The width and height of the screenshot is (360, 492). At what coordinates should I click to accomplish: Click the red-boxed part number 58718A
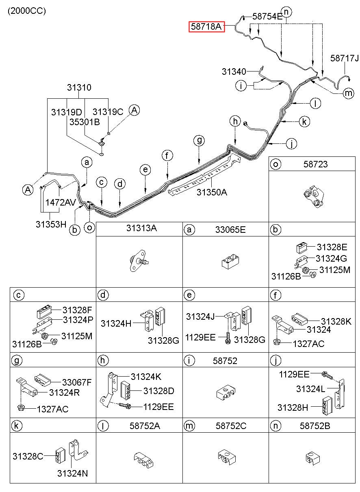coord(206,26)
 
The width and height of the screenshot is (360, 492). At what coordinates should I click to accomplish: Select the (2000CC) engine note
coord(27,11)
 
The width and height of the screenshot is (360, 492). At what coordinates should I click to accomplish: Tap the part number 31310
coord(79,87)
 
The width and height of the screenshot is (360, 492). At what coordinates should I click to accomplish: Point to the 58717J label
coord(345,58)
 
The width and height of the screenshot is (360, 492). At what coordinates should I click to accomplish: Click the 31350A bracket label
coord(212,192)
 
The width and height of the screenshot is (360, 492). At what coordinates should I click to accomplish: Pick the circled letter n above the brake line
coord(286,12)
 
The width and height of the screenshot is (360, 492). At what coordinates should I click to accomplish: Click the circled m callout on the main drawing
coord(348,93)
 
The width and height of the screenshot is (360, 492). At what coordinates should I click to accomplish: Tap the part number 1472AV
coord(61,202)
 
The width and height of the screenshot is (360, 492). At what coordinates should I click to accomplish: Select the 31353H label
coord(51,224)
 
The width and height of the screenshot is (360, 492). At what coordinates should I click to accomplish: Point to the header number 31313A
coord(141,228)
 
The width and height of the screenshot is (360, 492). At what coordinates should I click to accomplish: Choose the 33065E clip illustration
coord(230,261)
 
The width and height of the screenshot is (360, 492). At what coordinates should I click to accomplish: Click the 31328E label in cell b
coord(332,247)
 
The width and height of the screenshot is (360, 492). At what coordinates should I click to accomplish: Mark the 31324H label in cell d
coord(116,323)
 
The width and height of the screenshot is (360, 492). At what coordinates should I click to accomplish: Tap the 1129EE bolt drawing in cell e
coord(228,338)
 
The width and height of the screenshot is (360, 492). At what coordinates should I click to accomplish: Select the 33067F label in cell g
coord(77,382)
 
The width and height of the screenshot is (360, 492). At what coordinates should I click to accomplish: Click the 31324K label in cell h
coord(146,377)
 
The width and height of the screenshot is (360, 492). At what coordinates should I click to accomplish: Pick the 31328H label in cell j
coord(293,407)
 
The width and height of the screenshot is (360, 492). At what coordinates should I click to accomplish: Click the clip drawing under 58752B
coord(312,458)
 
